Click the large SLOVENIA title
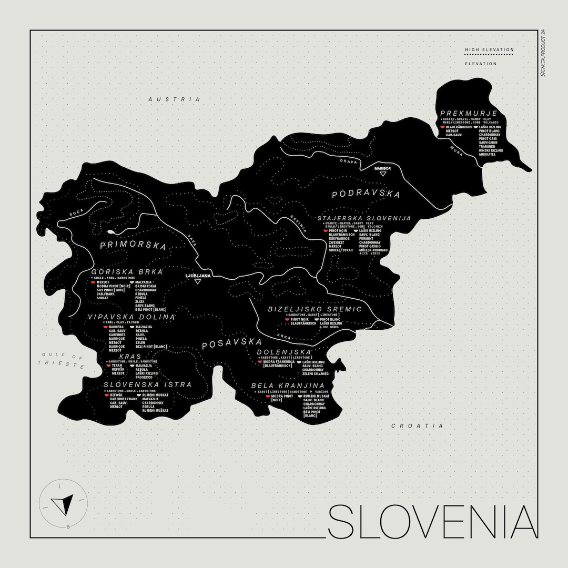pos(433,522)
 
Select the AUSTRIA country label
pos(174,99)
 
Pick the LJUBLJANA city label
pos(198,275)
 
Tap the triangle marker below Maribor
pos(383,174)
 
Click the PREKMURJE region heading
pos(469,113)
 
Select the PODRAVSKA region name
pos(366,194)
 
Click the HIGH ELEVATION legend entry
pos(489,50)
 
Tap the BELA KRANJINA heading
pos(287,386)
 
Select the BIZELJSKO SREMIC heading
pos(315,309)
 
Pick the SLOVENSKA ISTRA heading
pos(147,385)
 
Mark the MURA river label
pos(455,149)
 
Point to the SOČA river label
pos(76,212)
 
